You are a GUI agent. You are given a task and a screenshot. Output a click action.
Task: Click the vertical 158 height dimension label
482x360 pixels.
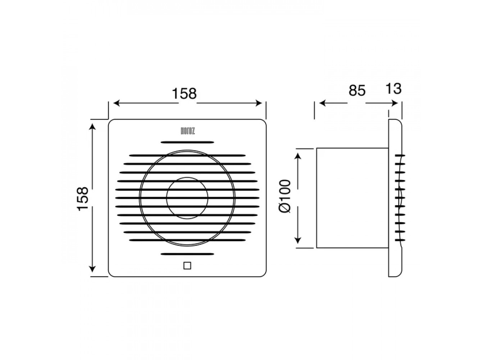click(x=83, y=199)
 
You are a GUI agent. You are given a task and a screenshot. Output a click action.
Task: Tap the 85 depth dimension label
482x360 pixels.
click(x=357, y=90)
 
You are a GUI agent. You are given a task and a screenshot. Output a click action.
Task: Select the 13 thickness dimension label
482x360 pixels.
click(x=394, y=89)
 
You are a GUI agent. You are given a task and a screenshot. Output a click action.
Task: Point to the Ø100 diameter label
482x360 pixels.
click(x=285, y=196)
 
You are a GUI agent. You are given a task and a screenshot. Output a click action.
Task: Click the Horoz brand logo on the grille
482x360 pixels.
click(x=187, y=131)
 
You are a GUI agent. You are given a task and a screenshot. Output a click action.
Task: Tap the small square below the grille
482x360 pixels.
click(x=187, y=265)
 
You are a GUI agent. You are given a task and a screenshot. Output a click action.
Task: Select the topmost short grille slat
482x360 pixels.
click(x=187, y=142)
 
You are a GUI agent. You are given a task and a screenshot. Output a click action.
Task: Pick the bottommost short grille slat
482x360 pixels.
click(x=187, y=254)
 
